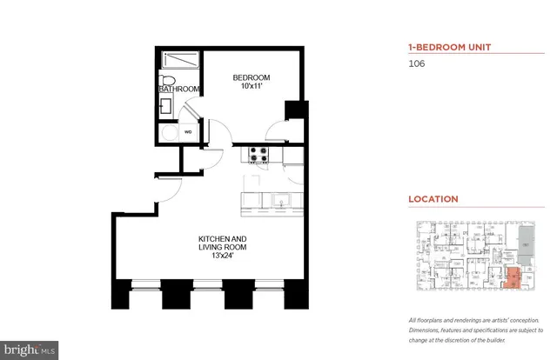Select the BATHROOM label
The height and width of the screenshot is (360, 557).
(x=179, y=90)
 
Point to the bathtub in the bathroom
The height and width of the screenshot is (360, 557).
(x=179, y=61)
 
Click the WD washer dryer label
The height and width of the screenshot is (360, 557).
(x=187, y=132)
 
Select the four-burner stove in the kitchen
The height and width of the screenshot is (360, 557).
(x=258, y=155)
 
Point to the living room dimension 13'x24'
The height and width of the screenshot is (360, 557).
(x=225, y=257)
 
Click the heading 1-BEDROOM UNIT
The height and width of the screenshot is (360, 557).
(x=446, y=48)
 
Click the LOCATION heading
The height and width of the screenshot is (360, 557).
(x=433, y=199)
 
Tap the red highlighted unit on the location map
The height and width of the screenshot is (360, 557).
(x=513, y=278)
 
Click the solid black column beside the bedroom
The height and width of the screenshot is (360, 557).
(x=295, y=111)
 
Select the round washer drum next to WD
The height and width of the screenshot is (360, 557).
(x=168, y=133)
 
